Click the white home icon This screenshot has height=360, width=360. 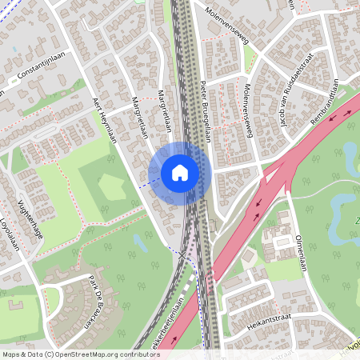click(180, 173)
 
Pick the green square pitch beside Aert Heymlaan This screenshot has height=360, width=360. click(110, 187)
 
